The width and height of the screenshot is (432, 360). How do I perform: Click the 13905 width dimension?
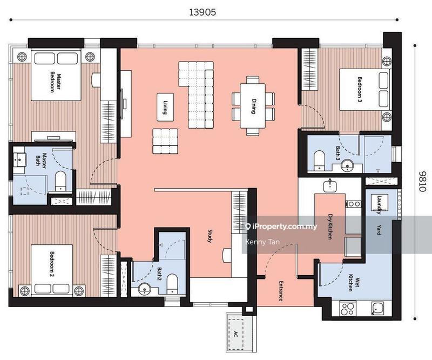[x=202, y=12]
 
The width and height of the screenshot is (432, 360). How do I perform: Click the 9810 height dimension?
[x=423, y=181]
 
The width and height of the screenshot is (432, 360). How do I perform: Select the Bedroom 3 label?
[x=360, y=89]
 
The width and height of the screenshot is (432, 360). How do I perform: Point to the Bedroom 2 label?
[x=52, y=264]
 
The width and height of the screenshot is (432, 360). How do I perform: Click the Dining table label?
[x=253, y=106]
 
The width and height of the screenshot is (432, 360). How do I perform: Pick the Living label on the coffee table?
[x=165, y=108]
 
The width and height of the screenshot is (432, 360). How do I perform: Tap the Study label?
[x=210, y=236]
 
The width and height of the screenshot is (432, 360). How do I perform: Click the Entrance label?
[x=281, y=291]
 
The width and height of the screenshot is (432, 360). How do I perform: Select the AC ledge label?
[x=235, y=335]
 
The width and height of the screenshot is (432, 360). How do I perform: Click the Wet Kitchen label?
[x=354, y=283]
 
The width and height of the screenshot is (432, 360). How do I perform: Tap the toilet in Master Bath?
[x=60, y=181]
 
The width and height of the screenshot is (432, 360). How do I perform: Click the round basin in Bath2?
[x=144, y=289]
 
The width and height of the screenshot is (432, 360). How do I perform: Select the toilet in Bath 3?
[x=319, y=161]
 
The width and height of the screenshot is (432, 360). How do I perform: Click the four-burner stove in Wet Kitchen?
[x=348, y=309]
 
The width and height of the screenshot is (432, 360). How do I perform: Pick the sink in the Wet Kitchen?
[x=378, y=309]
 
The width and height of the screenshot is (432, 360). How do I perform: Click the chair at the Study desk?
[x=226, y=255]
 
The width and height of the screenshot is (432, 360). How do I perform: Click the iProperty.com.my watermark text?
[x=281, y=226]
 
